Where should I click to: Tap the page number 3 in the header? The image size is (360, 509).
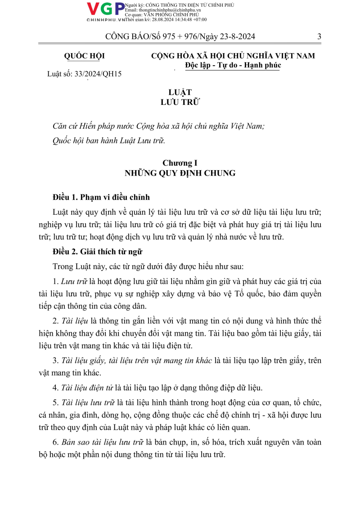tap(319, 37)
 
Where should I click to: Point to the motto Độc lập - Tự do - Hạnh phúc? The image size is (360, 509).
tap(233, 65)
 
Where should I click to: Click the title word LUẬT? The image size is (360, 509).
tap(180, 92)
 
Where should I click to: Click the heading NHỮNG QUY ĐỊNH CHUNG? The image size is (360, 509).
tap(180, 173)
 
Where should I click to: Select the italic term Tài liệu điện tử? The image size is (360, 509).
tap(85, 387)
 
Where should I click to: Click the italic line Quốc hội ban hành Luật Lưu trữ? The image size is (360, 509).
tap(109, 140)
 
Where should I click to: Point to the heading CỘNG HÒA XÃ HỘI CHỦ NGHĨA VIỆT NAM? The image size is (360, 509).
tap(233, 56)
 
